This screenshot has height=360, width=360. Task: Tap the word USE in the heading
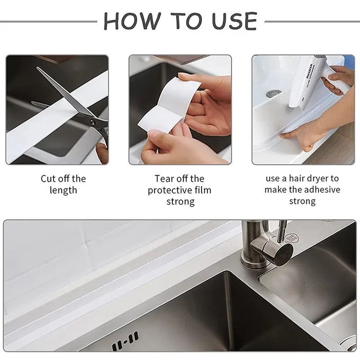pos(231,21)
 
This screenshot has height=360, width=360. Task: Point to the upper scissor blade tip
pos(39,68)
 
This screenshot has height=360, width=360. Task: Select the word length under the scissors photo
pos(63,190)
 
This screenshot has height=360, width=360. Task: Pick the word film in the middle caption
pos(202,190)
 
